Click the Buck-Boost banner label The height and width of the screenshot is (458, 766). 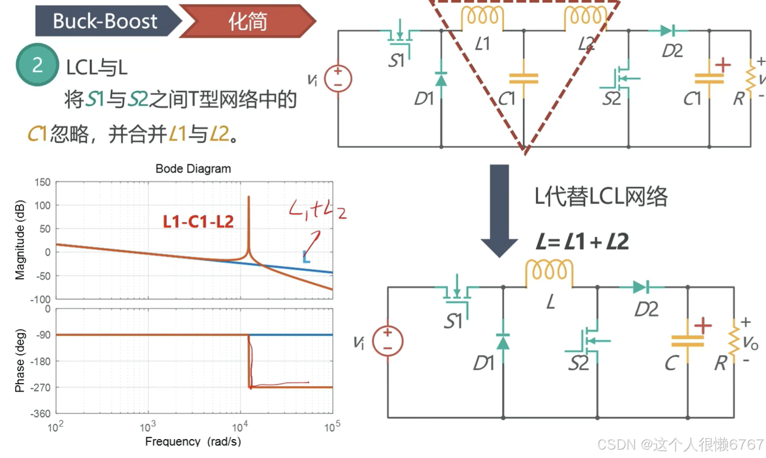point(105,21)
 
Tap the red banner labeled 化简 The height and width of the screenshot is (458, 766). point(247,22)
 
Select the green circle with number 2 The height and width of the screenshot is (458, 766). point(37,65)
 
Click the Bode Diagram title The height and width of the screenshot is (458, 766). point(193,168)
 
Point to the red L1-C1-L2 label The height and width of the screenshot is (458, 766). point(198,221)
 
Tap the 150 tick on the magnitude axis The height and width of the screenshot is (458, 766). point(42,182)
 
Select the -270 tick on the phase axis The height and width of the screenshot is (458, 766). point(40,388)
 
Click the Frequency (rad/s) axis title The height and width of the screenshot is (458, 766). point(193,441)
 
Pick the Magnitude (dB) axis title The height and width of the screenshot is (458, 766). point(20,240)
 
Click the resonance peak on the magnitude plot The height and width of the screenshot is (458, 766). point(249,198)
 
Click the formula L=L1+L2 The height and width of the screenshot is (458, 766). point(582,242)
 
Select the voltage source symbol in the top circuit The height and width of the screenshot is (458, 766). point(338,79)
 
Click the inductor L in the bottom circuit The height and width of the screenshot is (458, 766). point(549,272)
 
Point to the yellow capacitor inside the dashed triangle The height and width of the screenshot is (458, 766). point(524,79)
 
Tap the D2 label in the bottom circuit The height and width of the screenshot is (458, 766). point(646,310)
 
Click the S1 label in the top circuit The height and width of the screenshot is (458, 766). point(396,61)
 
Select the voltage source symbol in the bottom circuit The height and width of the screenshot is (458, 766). point(387,341)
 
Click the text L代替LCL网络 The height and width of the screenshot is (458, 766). point(601,197)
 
